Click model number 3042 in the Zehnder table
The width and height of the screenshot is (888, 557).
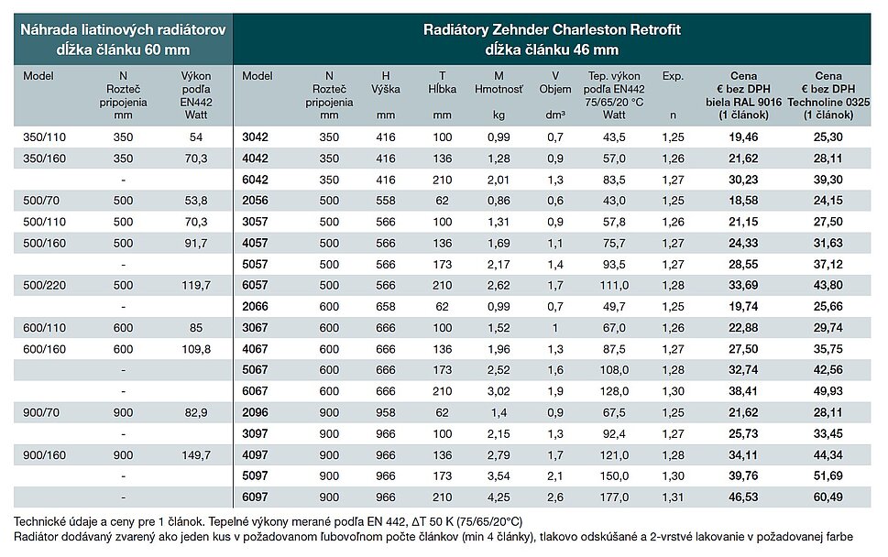tap(255, 137)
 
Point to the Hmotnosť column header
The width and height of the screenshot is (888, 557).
tap(499, 90)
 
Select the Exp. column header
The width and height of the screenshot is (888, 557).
tap(673, 77)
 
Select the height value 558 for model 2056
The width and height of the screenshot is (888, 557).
tap(385, 200)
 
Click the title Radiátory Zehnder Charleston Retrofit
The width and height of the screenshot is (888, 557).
tap(552, 30)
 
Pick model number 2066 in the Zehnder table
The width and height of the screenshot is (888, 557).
tap(255, 306)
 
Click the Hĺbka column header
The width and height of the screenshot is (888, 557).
tap(443, 90)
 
